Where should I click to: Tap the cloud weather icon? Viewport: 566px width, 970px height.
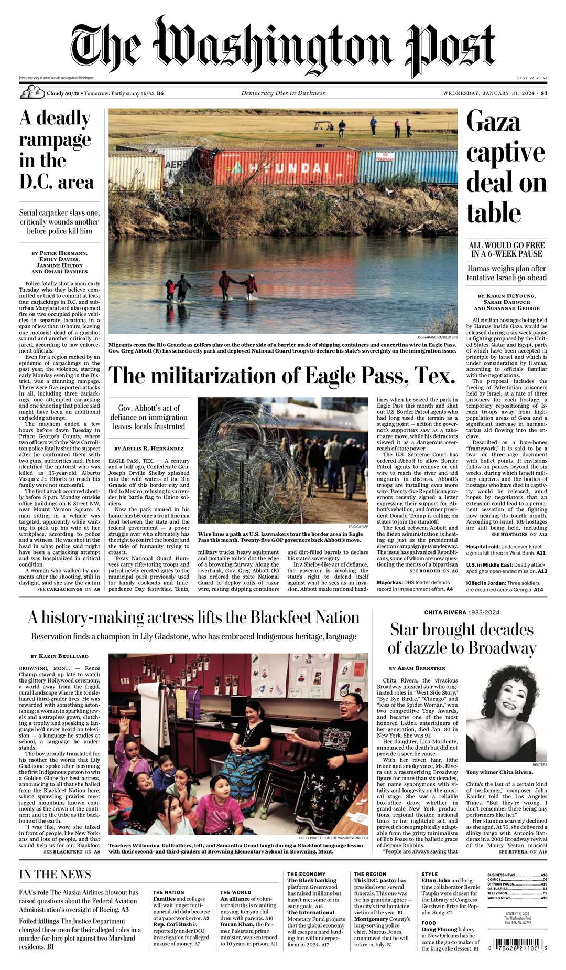click(31, 93)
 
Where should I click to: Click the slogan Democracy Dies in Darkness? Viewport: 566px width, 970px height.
click(283, 93)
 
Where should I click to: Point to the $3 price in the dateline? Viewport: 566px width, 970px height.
click(544, 93)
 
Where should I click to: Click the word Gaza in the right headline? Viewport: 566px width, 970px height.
click(494, 122)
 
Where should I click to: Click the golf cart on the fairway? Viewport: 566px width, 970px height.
click(321, 126)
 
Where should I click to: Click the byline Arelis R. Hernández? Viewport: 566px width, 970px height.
click(149, 449)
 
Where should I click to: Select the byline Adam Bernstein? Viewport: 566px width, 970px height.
click(417, 668)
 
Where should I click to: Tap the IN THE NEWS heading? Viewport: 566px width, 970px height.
click(55, 875)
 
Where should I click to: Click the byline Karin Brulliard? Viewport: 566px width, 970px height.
click(60, 656)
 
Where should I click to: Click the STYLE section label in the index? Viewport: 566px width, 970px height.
click(430, 874)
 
